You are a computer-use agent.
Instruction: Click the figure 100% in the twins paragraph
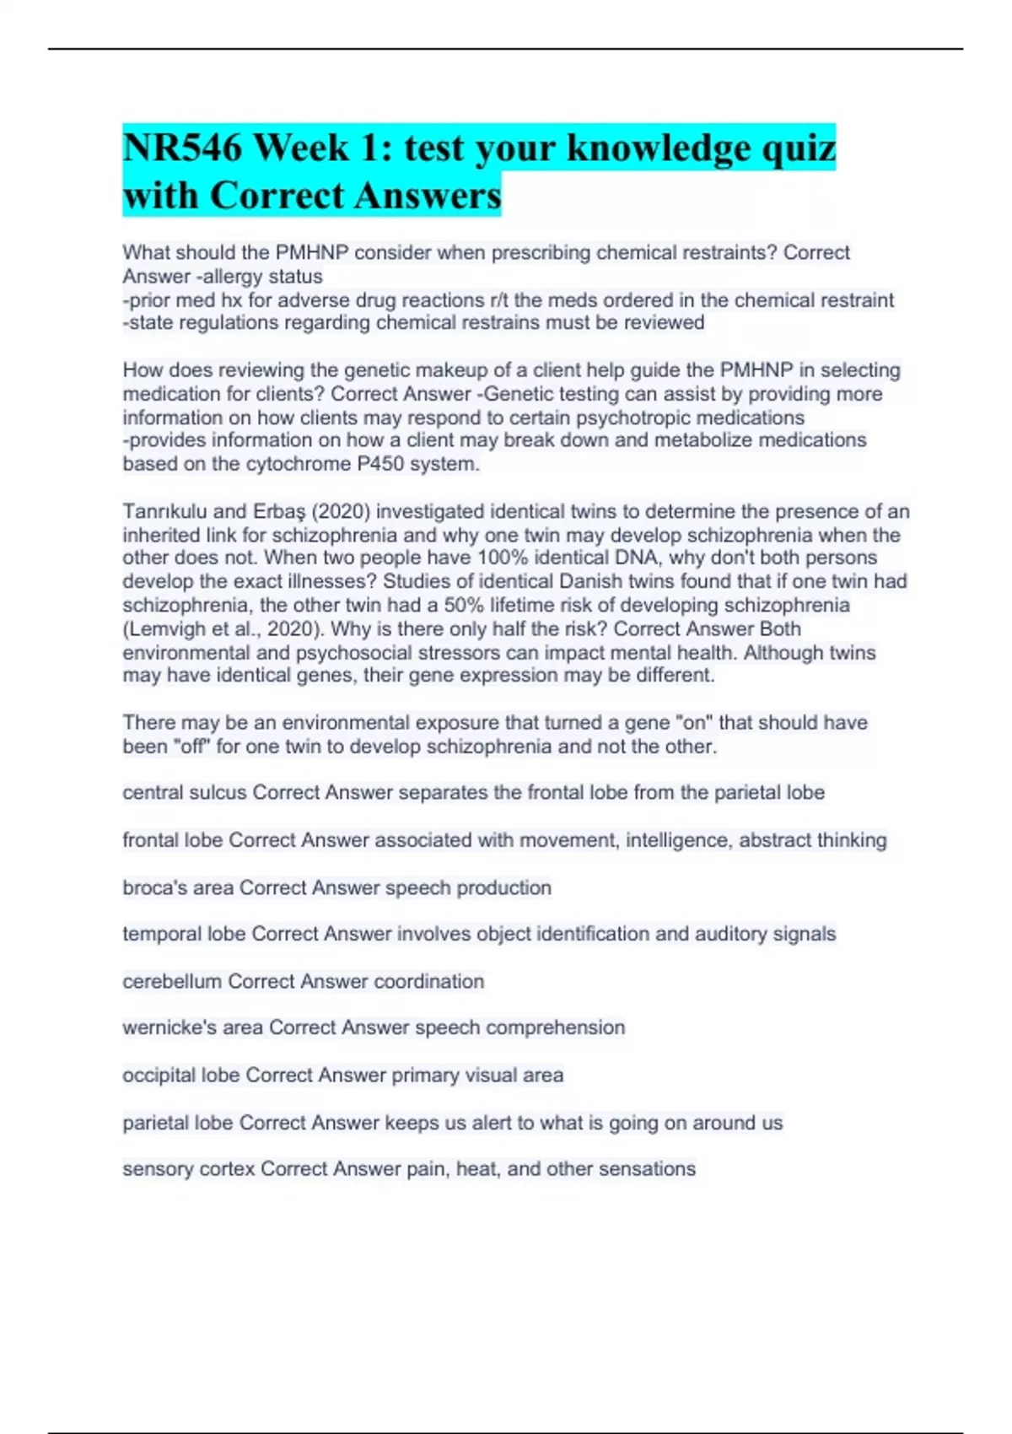pyautogui.click(x=505, y=558)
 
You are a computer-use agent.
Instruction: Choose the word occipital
pyautogui.click(x=158, y=1075)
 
